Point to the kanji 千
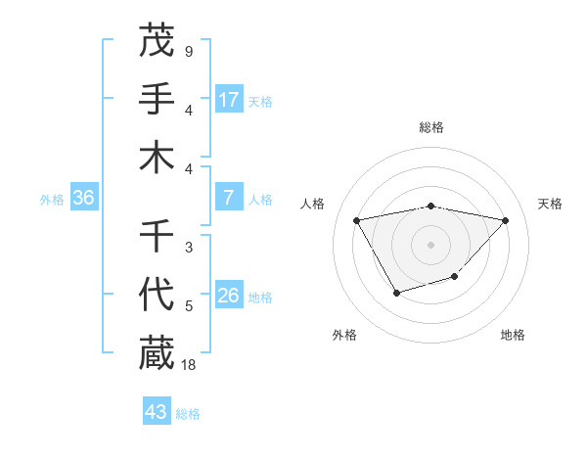(157, 236)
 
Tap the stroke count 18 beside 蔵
(189, 364)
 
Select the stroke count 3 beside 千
(188, 248)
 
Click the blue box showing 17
(229, 100)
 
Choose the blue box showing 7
(229, 198)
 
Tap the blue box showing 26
(229, 296)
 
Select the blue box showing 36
(83, 198)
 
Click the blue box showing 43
(157, 412)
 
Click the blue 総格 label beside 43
(188, 414)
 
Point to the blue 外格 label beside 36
(52, 200)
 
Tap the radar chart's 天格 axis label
(551, 204)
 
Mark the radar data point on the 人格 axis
(357, 219)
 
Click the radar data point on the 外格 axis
(396, 293)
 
